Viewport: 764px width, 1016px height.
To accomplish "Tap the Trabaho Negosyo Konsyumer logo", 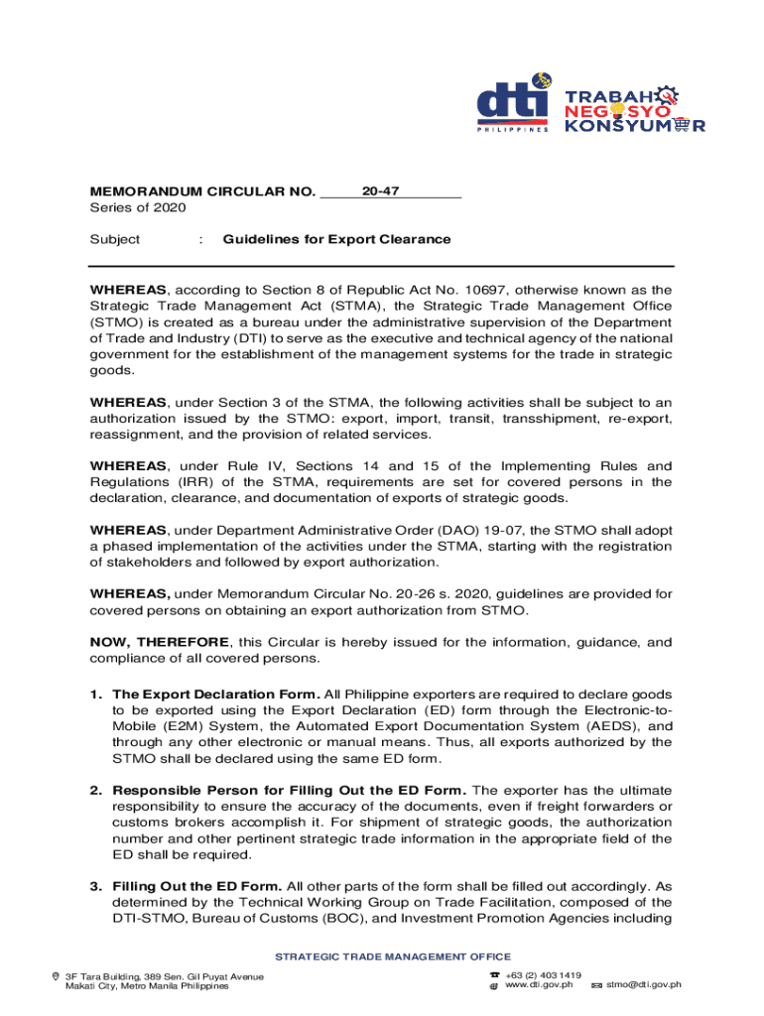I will [635, 107].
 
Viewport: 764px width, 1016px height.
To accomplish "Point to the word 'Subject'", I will [115, 239].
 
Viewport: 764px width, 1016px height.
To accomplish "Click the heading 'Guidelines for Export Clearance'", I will [336, 239].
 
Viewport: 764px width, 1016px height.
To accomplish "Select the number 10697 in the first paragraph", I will [486, 291].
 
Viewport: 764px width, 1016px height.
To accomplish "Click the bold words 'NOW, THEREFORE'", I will [160, 642].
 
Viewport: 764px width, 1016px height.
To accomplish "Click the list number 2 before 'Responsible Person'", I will [96, 791].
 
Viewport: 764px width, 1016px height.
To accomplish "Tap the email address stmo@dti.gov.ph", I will [644, 985].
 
